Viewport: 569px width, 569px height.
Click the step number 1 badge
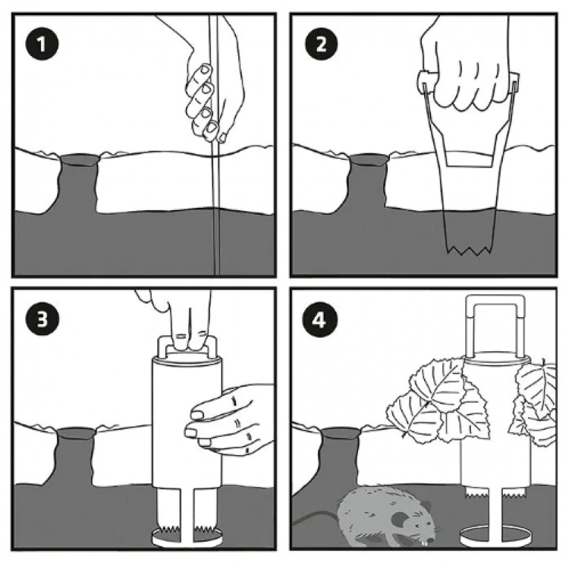(x=42, y=44)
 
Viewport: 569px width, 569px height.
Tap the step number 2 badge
(x=321, y=44)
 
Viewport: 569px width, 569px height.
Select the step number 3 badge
(x=42, y=319)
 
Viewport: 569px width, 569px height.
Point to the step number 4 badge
(x=319, y=320)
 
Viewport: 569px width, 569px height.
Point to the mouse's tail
(x=316, y=517)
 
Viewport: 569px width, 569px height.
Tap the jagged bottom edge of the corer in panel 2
(x=469, y=250)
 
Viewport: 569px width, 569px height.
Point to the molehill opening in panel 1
(x=79, y=159)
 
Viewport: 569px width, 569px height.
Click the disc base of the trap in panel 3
(x=187, y=537)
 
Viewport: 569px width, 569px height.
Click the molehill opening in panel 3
(x=75, y=433)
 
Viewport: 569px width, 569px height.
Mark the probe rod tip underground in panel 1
(x=217, y=274)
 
